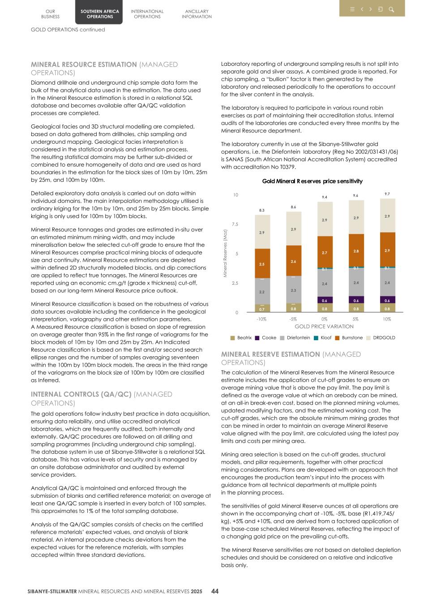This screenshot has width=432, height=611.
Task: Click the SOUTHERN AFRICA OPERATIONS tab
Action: (x=100, y=14)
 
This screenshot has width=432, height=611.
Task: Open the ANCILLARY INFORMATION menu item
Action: (x=197, y=14)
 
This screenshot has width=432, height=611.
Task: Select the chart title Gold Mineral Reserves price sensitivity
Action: (x=312, y=181)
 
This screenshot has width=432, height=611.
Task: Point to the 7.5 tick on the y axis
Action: (x=235, y=224)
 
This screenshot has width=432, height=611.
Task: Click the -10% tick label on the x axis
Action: (x=261, y=319)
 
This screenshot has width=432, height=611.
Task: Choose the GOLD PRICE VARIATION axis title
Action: (x=324, y=327)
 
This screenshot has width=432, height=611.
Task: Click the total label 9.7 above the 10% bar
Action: (x=387, y=194)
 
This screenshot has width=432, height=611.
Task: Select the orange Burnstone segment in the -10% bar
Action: (x=262, y=264)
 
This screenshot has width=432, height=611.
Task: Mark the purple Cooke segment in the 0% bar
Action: (x=325, y=300)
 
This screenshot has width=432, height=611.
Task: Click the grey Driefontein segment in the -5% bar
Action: (x=293, y=290)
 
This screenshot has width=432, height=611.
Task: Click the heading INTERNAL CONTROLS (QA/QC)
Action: (x=81, y=394)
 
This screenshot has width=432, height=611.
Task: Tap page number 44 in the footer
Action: (x=215, y=591)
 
